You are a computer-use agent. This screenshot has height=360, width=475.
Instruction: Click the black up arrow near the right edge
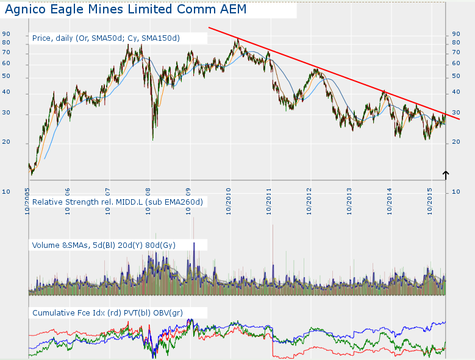pyautogui.click(x=446, y=175)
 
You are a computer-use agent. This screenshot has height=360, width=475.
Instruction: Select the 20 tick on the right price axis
pyautogui.click(x=455, y=143)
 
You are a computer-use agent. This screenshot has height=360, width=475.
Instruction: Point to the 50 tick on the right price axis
pyautogui.click(x=455, y=77)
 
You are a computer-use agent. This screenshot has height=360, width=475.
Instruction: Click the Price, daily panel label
pyautogui.click(x=105, y=38)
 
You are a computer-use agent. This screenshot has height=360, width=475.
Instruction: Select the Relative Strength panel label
pyautogui.click(x=117, y=202)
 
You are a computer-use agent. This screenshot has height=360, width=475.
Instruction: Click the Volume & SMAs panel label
pyautogui.click(x=104, y=245)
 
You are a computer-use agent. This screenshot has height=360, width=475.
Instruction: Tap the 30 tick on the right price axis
pyautogui.click(x=455, y=113)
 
